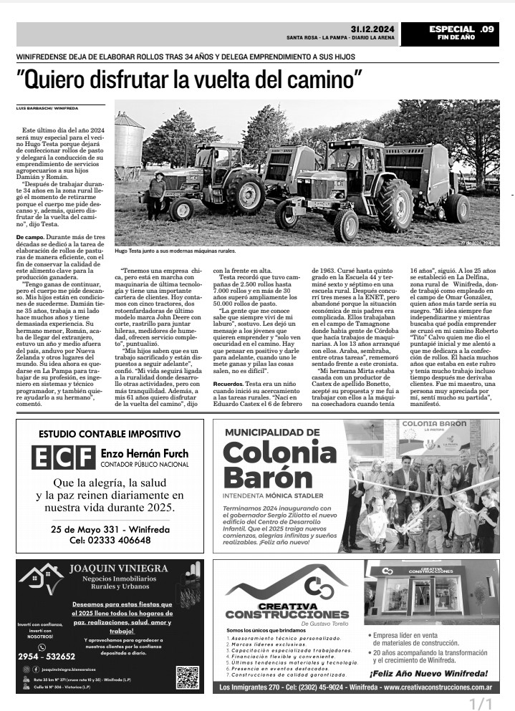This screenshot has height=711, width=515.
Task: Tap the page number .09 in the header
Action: pos(487,29)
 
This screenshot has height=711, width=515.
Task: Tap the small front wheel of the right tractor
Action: pos(347,224)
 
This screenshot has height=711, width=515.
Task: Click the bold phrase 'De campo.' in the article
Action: pos(30,236)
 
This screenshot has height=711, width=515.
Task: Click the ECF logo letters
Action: pos(64,457)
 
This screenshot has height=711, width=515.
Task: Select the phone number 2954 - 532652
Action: pos(47,656)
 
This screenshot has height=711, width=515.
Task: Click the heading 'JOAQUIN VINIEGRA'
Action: pos(119,569)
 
